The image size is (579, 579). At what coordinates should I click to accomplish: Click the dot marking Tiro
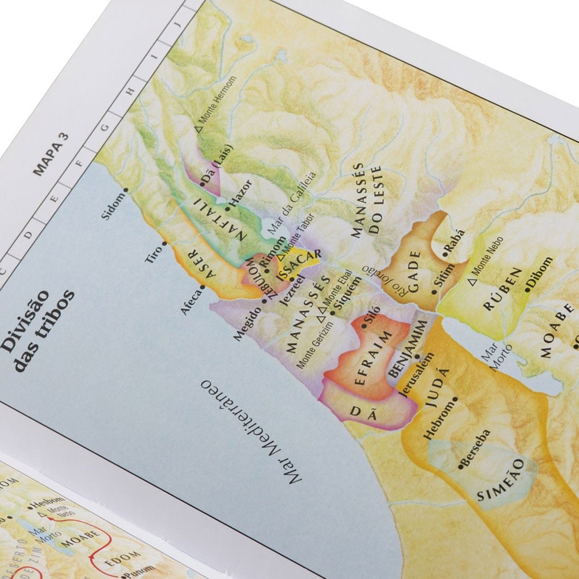(164, 244)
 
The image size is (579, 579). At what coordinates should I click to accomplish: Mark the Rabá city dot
(445, 254)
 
